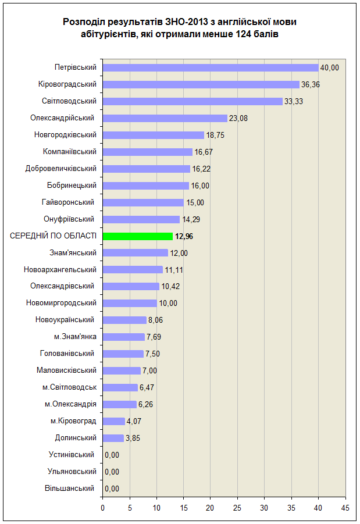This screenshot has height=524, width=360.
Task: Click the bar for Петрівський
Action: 211,68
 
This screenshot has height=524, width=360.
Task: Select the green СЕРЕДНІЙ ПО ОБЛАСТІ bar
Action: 138,236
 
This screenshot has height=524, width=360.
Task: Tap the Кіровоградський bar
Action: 201,84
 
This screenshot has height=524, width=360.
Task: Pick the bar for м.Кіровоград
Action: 113,422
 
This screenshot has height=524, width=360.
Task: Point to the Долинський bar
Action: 113,438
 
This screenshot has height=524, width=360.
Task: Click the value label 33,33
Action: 294,102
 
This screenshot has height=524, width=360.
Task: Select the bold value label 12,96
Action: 184,236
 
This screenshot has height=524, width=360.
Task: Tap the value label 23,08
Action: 238,118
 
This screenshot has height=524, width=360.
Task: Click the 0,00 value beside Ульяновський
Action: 112,472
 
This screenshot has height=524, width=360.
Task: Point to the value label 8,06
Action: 155,320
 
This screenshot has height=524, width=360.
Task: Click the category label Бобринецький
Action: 72,186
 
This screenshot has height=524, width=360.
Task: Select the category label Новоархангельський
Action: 60,270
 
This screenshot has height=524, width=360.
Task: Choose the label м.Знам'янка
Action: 75,337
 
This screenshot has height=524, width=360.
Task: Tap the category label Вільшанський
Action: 70,489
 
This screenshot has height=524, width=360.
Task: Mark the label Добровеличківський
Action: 61,169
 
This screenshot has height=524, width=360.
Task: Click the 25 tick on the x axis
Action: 237,508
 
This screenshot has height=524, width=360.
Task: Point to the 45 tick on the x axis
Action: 345,508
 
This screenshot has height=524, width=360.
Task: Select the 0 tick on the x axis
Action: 102,508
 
